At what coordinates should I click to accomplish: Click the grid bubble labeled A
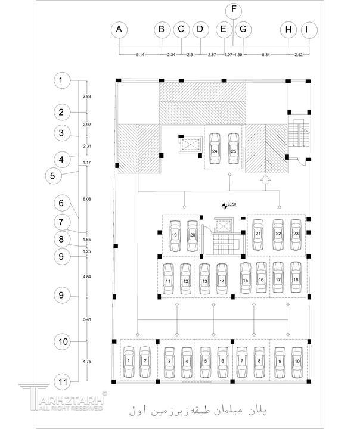click(x=120, y=29)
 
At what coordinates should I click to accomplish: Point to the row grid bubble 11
click(x=61, y=381)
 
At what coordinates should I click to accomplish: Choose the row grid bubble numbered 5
click(x=54, y=176)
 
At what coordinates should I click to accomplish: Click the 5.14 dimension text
click(x=141, y=55)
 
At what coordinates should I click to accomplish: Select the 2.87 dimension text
click(x=212, y=55)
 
